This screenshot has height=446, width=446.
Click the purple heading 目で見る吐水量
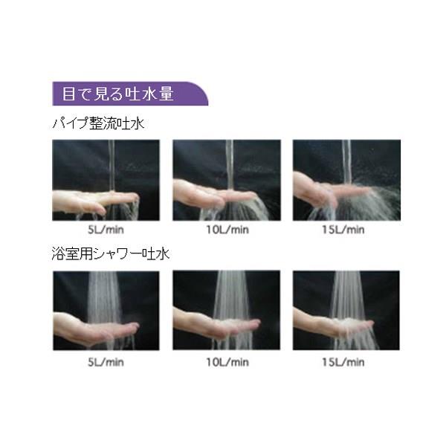pyautogui.click(x=117, y=94)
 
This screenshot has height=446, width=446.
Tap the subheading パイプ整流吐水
pyautogui.click(x=98, y=124)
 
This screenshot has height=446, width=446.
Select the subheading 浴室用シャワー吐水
pyautogui.click(x=111, y=253)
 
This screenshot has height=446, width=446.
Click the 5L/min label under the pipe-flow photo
pyautogui.click(x=106, y=230)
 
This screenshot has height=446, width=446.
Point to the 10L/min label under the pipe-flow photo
pyautogui.click(x=227, y=230)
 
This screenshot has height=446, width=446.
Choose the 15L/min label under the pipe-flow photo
pyautogui.click(x=343, y=230)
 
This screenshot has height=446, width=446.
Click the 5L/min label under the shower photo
pyautogui.click(x=106, y=362)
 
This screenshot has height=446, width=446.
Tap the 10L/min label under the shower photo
pyautogui.click(x=227, y=362)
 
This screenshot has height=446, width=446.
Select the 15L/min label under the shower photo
pyautogui.click(x=343, y=362)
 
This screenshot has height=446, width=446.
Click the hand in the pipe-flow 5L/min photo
pyautogui.click(x=91, y=201)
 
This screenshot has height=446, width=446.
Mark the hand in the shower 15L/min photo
pyautogui.click(x=330, y=324)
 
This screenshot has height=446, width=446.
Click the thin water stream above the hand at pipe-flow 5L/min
pyautogui.click(x=111, y=166)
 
